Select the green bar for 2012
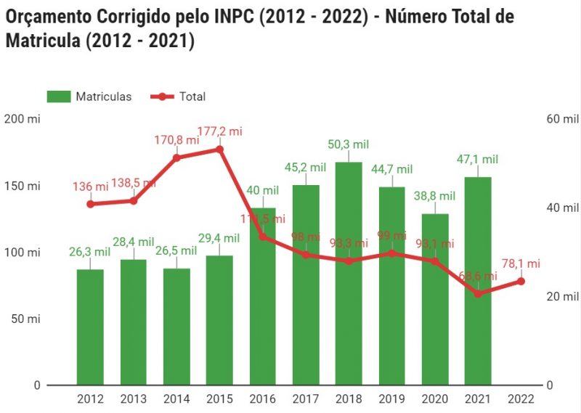tap(90, 327)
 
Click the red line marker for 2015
tap(219, 150)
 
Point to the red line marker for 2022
tap(521, 281)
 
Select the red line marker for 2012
tap(90, 204)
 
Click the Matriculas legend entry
tap(89, 97)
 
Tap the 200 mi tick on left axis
tap(22, 119)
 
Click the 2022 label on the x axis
tap(521, 399)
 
